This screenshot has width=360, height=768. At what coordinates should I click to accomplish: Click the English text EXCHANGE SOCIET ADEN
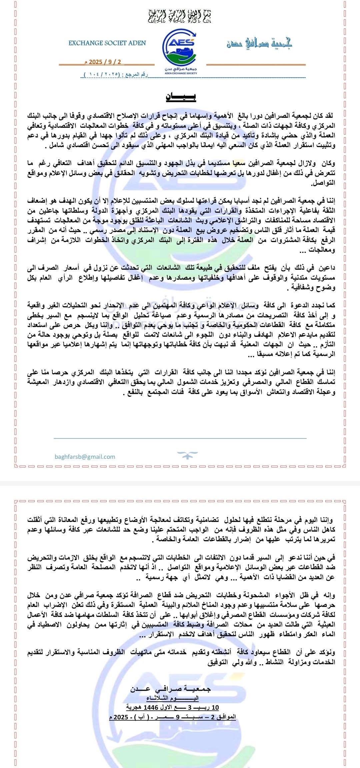click(x=107, y=43)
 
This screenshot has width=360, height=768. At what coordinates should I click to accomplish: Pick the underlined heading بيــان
click(x=181, y=97)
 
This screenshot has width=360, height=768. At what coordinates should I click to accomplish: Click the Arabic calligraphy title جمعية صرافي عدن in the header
click(x=259, y=43)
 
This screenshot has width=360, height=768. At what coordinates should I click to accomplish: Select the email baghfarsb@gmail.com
click(x=85, y=456)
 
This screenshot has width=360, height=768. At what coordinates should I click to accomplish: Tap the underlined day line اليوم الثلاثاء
click(x=172, y=698)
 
